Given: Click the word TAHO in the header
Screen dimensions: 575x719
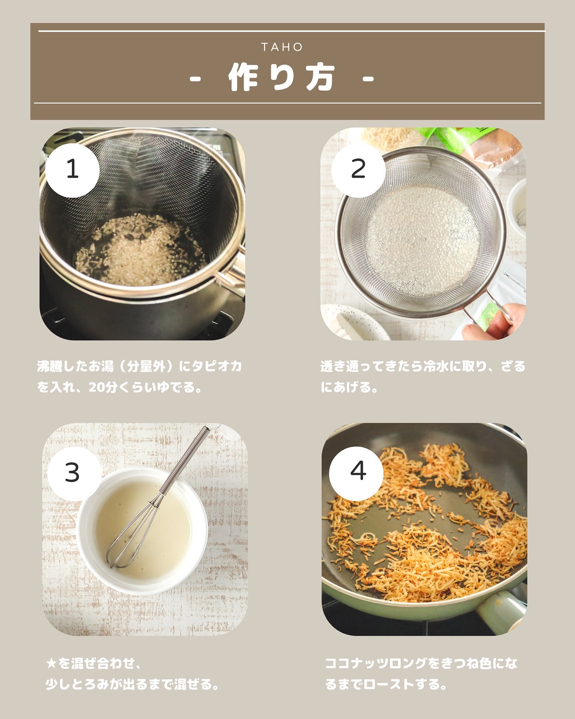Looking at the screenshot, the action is [282, 47].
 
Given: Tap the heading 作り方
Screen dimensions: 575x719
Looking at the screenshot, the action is [282, 77].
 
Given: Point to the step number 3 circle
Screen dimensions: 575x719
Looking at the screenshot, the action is [72, 473].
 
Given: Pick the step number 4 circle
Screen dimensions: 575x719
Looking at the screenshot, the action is [357, 473].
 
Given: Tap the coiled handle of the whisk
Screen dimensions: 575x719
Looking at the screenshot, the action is [185, 459].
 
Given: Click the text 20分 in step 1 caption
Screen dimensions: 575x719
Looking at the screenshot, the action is [101, 387].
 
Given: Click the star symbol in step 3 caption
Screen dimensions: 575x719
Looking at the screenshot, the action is [52, 664].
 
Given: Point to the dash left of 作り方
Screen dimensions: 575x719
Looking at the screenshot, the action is [195, 78].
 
